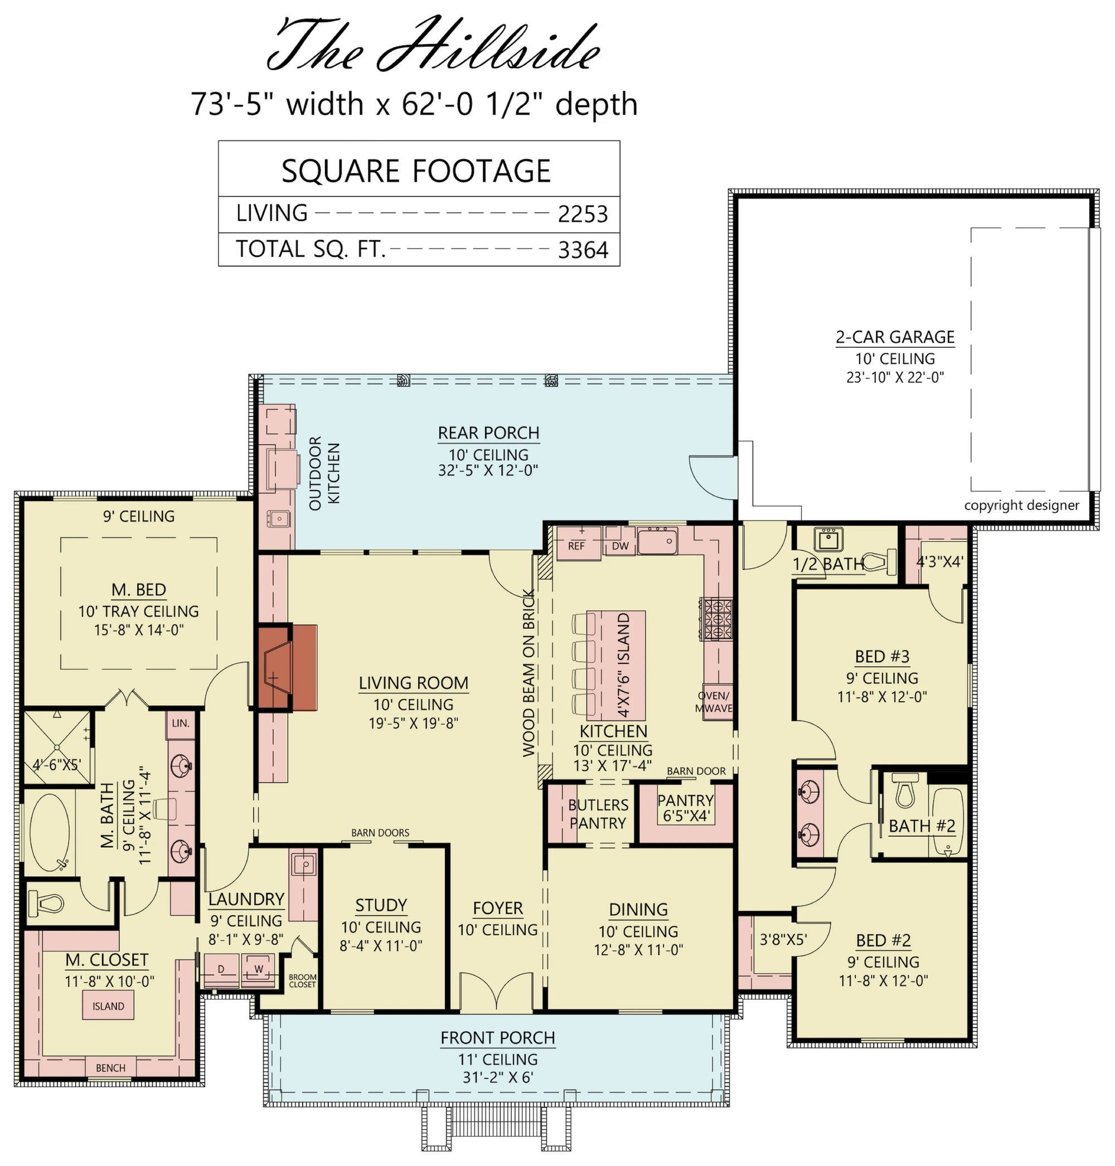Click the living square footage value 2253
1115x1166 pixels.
click(582, 215)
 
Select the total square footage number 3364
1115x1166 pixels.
click(582, 250)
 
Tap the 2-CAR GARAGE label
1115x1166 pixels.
click(894, 337)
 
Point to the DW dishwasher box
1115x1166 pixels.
click(620, 546)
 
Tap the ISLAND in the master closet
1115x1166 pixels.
click(108, 1006)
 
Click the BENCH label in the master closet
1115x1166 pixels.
click(110, 1068)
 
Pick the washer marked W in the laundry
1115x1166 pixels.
click(259, 969)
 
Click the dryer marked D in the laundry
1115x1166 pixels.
click(221, 969)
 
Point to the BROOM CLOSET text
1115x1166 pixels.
click(302, 980)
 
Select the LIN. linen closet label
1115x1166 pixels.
click(181, 723)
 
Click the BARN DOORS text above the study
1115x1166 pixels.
click(380, 833)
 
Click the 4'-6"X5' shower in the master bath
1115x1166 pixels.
click(57, 747)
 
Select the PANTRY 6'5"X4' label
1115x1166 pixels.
click(685, 808)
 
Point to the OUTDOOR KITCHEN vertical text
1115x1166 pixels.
click(324, 473)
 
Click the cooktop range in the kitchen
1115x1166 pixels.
click(718, 619)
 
